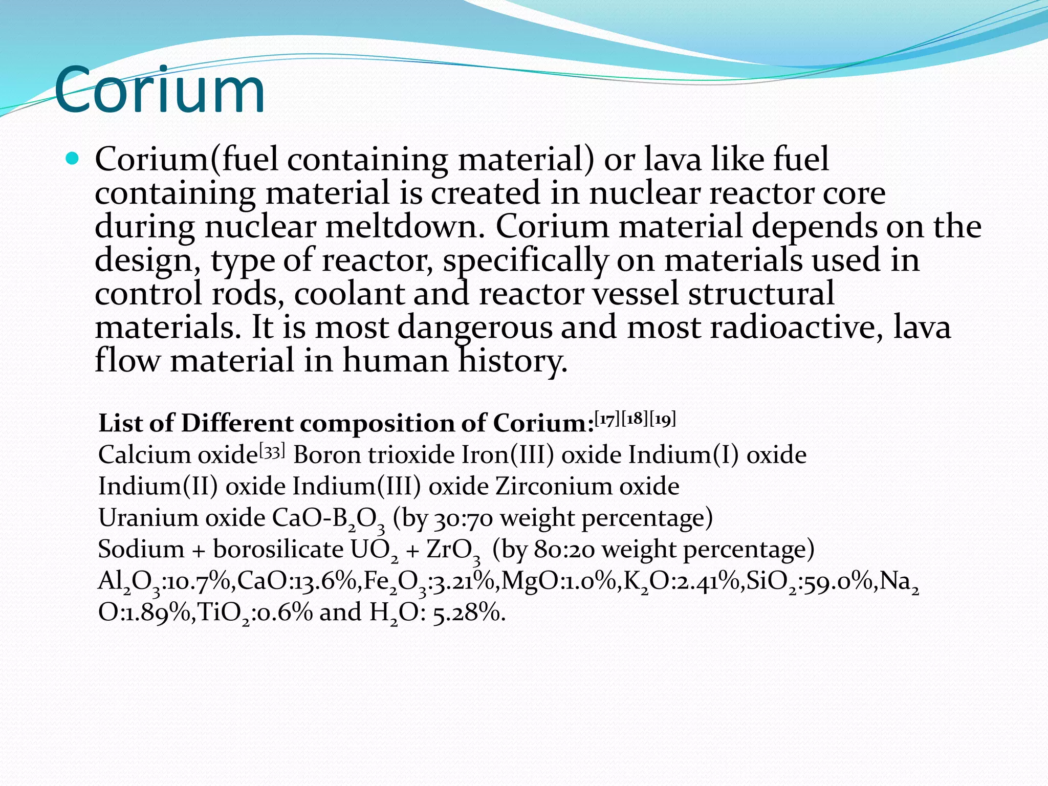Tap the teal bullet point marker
click(x=73, y=159)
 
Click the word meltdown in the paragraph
click(x=405, y=226)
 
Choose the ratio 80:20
click(x=564, y=550)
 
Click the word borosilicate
click(x=278, y=550)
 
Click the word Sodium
click(x=141, y=550)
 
